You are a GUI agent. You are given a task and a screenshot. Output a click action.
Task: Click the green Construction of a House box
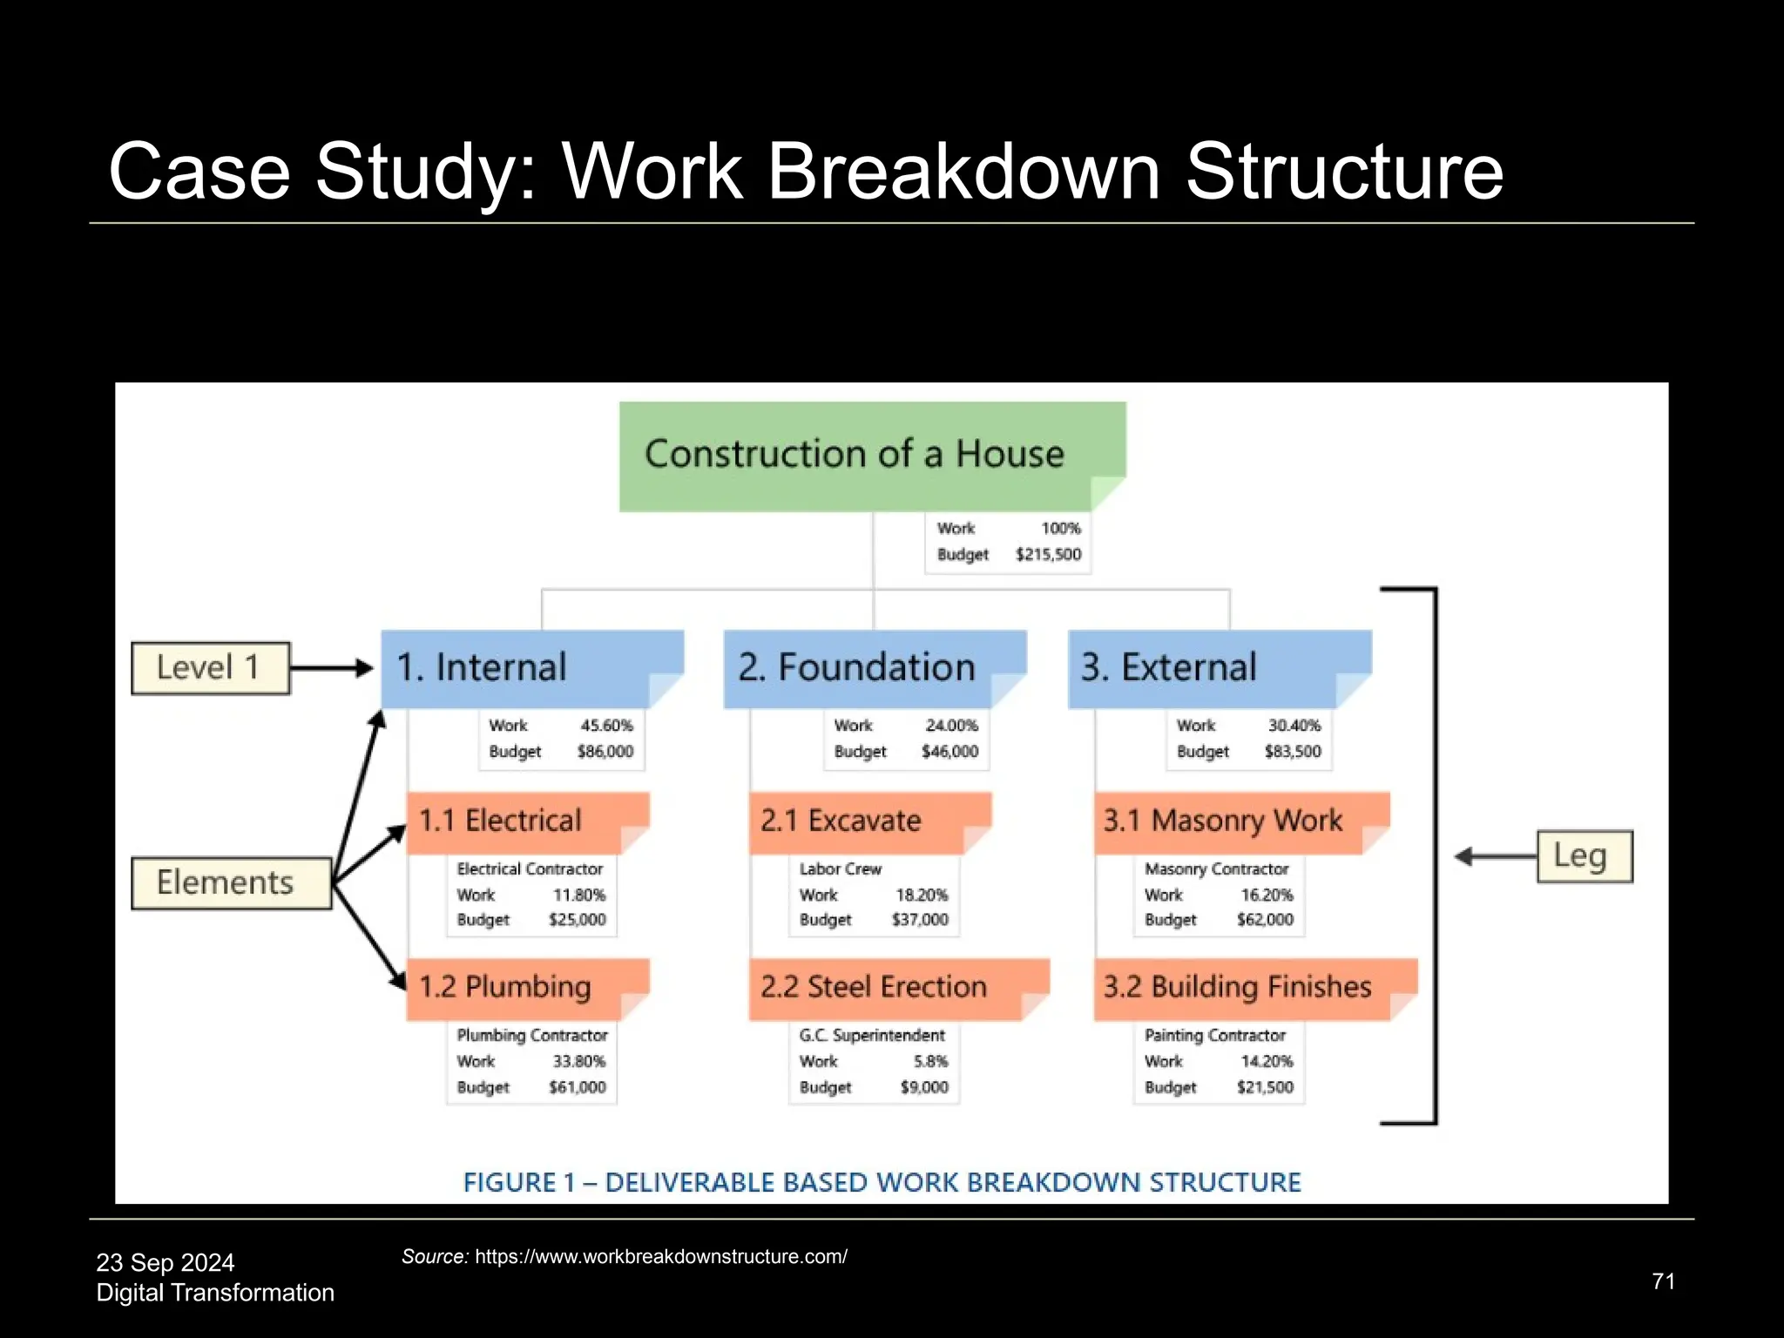point(871,455)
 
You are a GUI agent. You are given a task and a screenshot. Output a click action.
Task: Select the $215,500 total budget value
point(1048,555)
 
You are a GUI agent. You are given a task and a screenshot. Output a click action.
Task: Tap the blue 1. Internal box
point(531,668)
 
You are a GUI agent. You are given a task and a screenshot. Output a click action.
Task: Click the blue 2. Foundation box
point(874,668)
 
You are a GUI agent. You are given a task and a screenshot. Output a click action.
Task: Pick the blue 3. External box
point(1218,668)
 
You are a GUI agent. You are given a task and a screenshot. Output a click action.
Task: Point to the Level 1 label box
point(210,668)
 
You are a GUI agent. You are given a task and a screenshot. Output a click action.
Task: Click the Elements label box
point(231,883)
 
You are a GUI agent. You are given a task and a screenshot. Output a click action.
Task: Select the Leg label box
point(1583,856)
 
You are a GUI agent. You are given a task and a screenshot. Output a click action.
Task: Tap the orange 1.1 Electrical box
point(527,821)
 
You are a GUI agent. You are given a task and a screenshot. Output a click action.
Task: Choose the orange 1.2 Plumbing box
point(527,988)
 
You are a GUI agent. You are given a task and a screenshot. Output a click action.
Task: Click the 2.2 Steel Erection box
point(897,988)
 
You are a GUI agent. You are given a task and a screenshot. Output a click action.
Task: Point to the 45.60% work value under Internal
point(606,726)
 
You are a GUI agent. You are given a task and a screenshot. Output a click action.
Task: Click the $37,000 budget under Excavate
point(920,920)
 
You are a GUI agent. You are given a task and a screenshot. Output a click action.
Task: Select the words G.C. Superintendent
point(872,1036)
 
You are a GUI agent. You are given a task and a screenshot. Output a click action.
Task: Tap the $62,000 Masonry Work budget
point(1265,920)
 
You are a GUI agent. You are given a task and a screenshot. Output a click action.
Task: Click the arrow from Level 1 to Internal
point(331,668)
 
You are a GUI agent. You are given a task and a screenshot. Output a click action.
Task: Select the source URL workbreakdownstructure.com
point(660,1257)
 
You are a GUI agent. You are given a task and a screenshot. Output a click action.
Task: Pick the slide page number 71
point(1663,1281)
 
